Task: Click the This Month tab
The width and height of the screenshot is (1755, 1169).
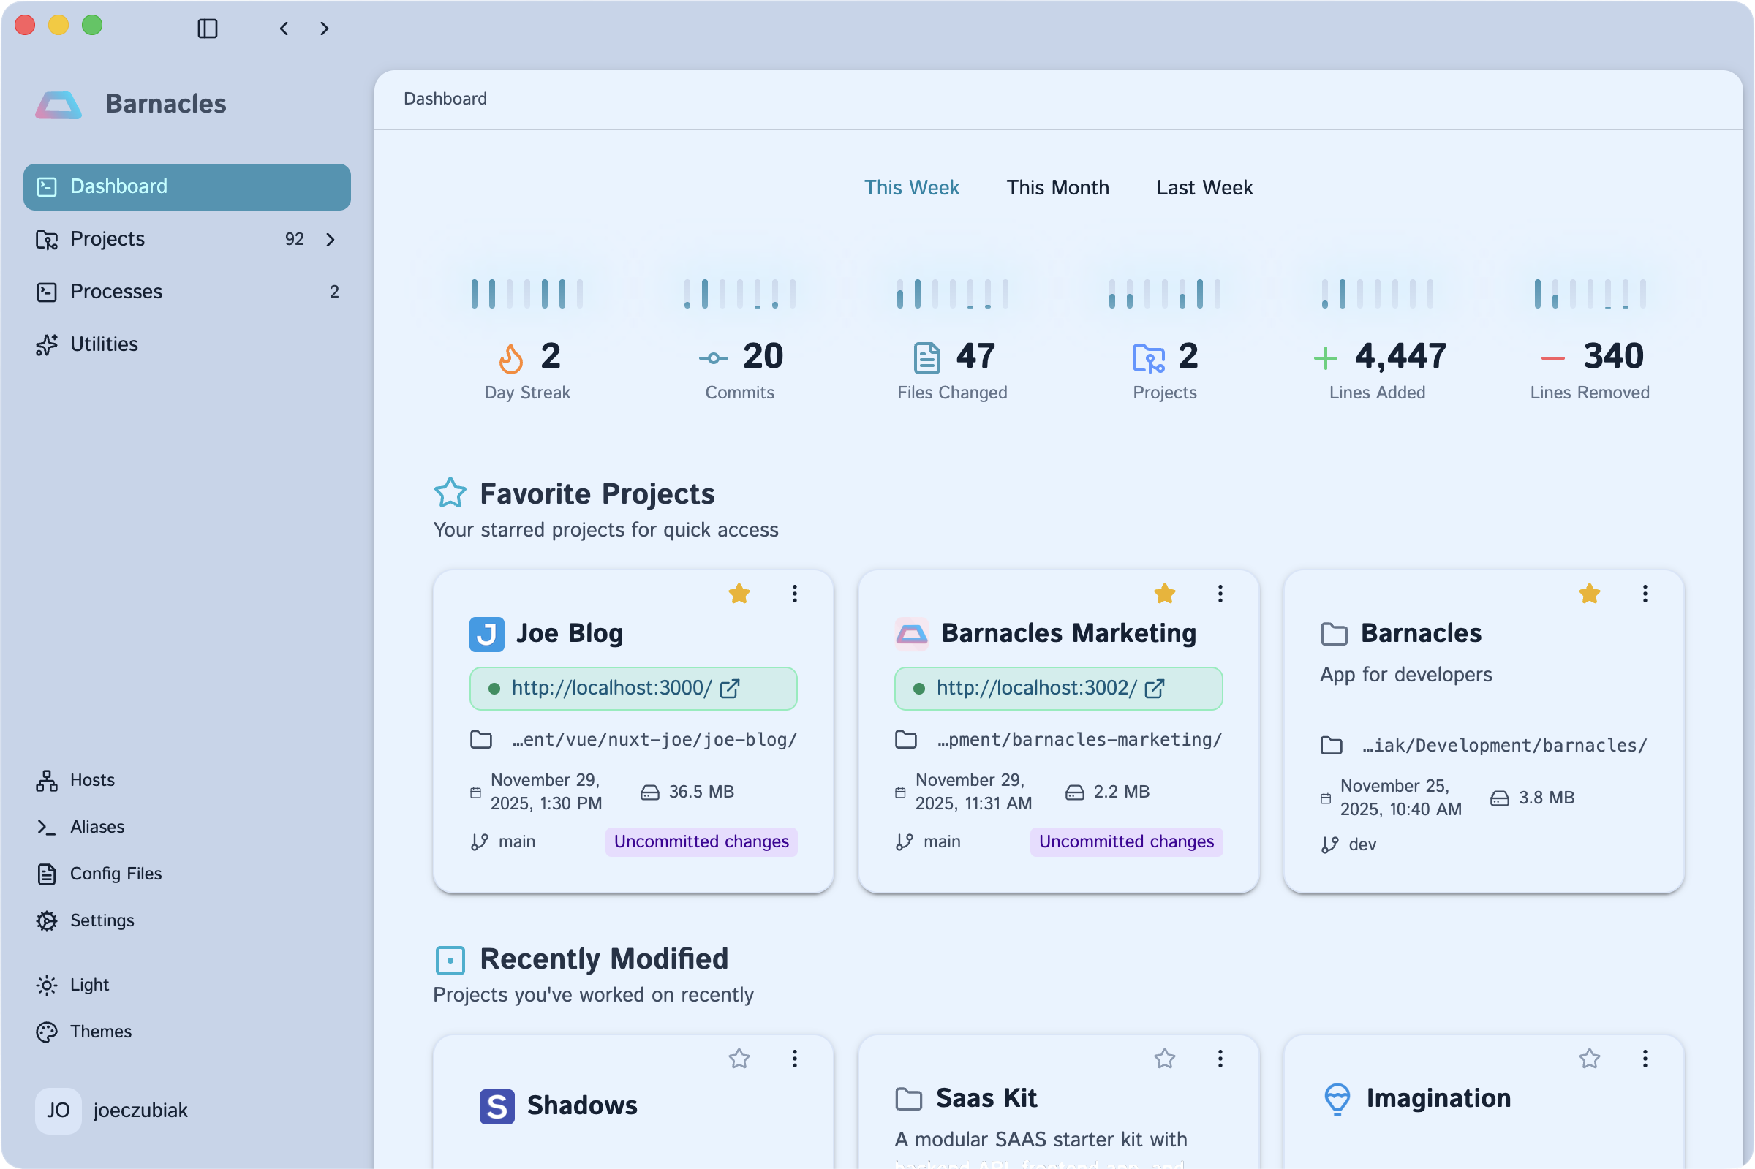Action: [x=1057, y=187]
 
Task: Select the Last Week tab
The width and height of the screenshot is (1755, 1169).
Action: [x=1204, y=187]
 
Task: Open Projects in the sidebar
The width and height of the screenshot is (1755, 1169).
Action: [x=107, y=238]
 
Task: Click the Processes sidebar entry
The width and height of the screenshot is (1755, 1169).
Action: [x=116, y=292]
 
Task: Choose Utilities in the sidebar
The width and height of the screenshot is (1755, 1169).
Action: [x=104, y=344]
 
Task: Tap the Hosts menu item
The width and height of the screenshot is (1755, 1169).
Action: [x=91, y=780]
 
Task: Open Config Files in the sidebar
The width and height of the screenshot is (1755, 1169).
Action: [x=116, y=873]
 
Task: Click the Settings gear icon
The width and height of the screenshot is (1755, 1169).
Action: [x=47, y=920]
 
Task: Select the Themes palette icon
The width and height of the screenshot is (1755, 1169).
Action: [x=47, y=1032]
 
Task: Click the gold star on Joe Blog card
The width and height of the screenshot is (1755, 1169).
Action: [x=739, y=594]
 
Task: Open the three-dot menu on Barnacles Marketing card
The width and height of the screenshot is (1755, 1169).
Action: [x=1220, y=594]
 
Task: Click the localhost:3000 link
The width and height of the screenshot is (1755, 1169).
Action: [x=611, y=687]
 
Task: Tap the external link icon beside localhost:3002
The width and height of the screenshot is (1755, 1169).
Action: [x=1154, y=688]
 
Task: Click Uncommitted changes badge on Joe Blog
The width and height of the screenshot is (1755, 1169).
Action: [x=701, y=841]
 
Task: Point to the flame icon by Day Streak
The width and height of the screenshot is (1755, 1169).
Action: [x=510, y=357]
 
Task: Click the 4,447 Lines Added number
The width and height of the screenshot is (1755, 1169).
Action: [x=1400, y=356]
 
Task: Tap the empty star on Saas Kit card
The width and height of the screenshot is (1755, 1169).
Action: [x=1165, y=1059]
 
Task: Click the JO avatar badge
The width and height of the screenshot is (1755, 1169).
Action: [x=58, y=1110]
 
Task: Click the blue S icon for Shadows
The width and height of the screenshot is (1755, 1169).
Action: [x=497, y=1106]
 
